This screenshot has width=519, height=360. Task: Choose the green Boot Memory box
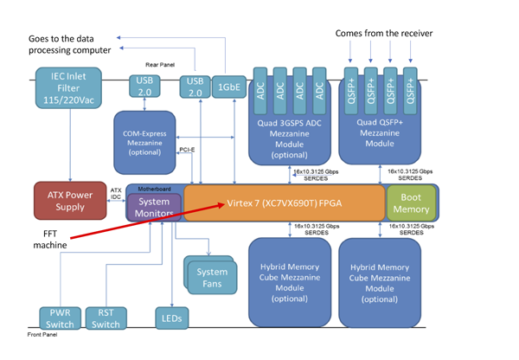(411, 202)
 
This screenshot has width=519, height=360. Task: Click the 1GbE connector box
(228, 87)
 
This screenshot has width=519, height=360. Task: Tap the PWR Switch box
(60, 318)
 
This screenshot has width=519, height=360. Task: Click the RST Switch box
(106, 318)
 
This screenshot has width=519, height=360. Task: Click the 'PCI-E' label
(185, 150)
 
